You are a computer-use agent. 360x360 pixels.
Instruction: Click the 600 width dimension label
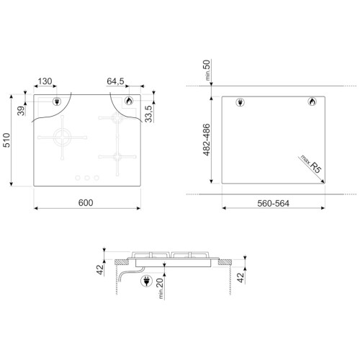[86, 203]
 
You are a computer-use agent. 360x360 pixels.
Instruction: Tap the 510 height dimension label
[6, 140]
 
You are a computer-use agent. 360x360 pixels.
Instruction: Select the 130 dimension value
[45, 81]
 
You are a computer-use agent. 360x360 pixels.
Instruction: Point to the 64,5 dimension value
[115, 81]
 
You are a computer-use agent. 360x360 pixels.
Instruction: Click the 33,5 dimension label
[148, 114]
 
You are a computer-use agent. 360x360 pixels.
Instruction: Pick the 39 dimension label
[21, 111]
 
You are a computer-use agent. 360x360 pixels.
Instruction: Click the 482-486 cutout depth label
[207, 140]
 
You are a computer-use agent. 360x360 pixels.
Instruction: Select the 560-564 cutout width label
[273, 204]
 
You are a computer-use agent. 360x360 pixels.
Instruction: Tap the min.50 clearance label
[207, 70]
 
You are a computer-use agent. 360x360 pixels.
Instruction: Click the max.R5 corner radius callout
[311, 164]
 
